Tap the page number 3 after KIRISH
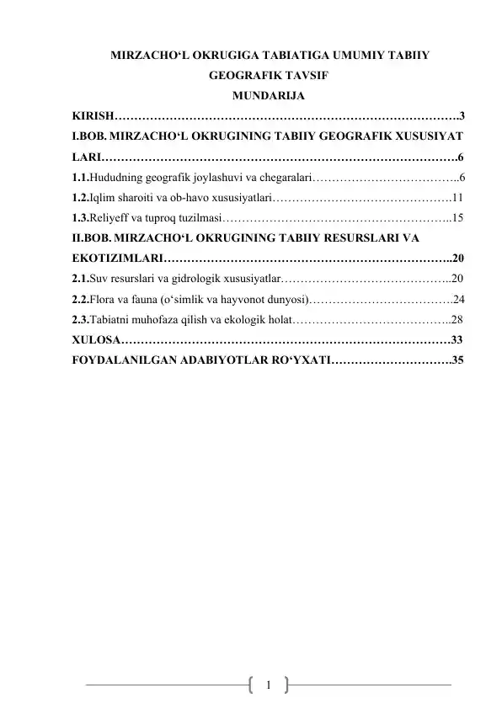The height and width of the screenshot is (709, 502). click(x=462, y=115)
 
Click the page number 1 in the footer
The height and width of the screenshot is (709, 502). click(x=268, y=684)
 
